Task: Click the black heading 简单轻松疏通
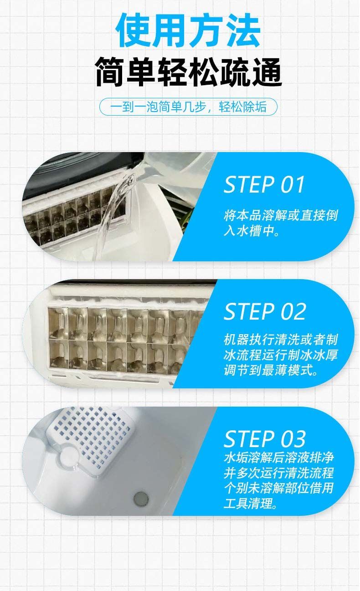[x=188, y=72]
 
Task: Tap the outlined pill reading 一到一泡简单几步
[x=188, y=107]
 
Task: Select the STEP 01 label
[x=264, y=184]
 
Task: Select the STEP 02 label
[x=265, y=311]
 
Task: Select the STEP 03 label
[x=265, y=439]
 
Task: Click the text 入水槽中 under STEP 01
[x=251, y=231]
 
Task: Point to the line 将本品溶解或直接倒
[x=281, y=215]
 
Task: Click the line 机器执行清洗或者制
[x=281, y=340]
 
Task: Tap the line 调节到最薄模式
[x=270, y=370]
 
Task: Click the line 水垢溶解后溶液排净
[x=278, y=458]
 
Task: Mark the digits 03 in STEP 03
[x=293, y=439]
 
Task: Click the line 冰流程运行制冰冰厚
[x=281, y=355]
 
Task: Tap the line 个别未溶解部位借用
[x=278, y=488]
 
